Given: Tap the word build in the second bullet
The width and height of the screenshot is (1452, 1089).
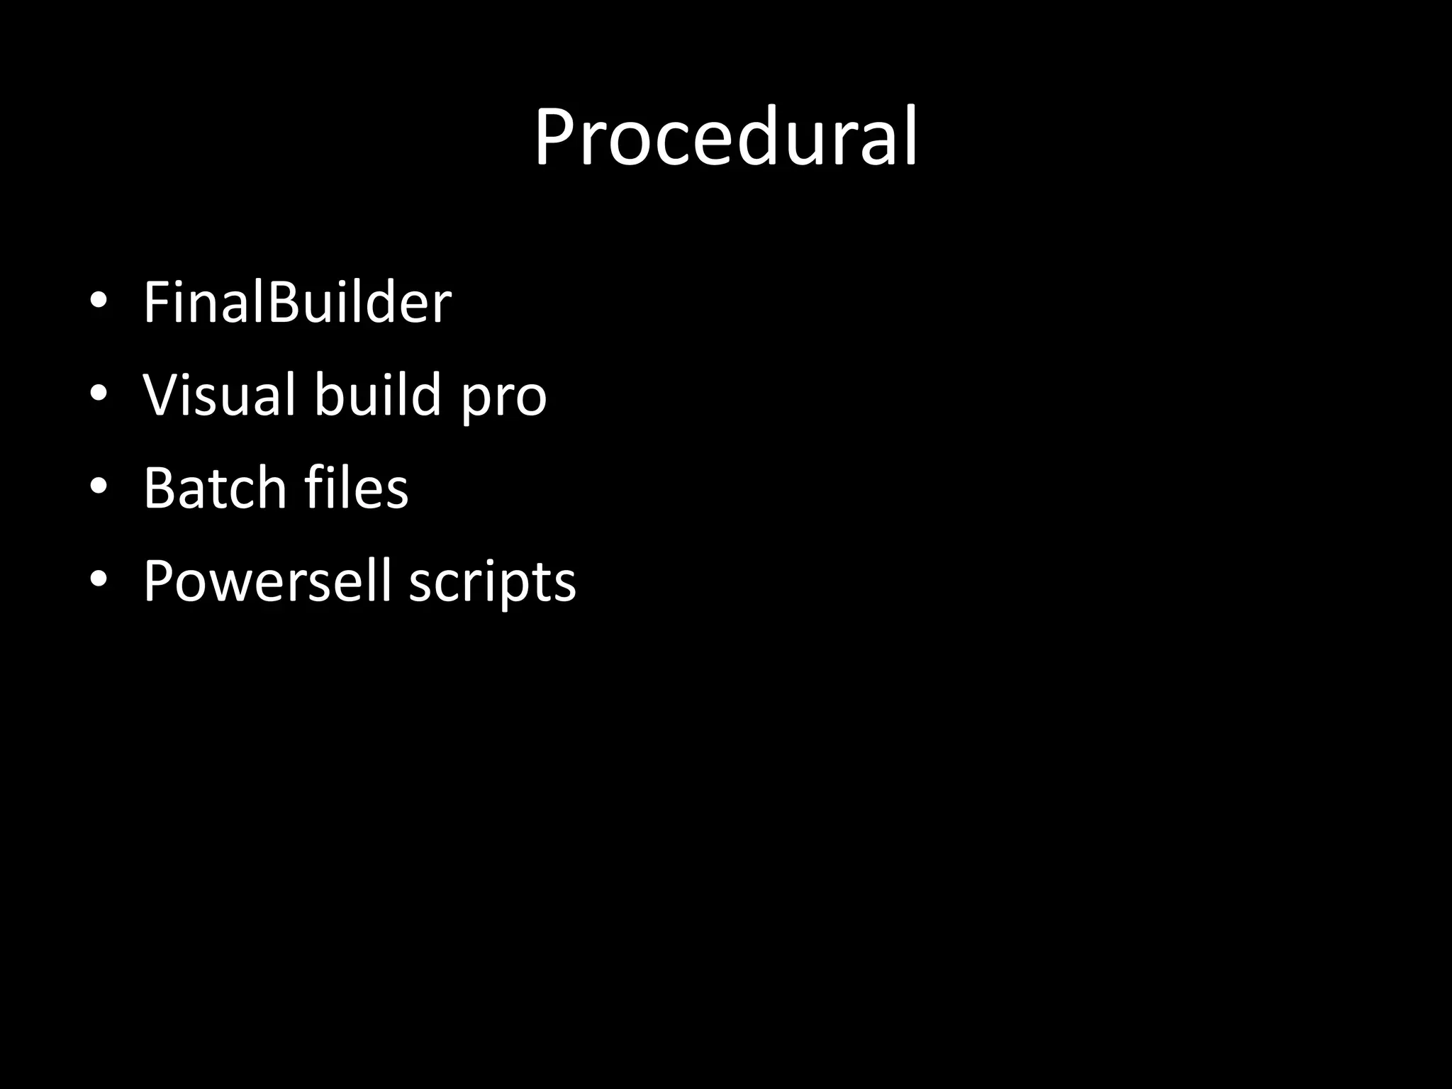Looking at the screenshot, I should pos(378,394).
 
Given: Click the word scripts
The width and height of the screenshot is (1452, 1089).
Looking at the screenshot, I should pos(493,583).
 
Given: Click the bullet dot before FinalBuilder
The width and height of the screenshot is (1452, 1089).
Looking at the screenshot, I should pos(99,301).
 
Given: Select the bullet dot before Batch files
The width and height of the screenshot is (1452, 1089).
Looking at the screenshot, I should pos(99,486).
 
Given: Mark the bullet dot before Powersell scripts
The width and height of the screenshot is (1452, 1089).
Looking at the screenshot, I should pos(99,579).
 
